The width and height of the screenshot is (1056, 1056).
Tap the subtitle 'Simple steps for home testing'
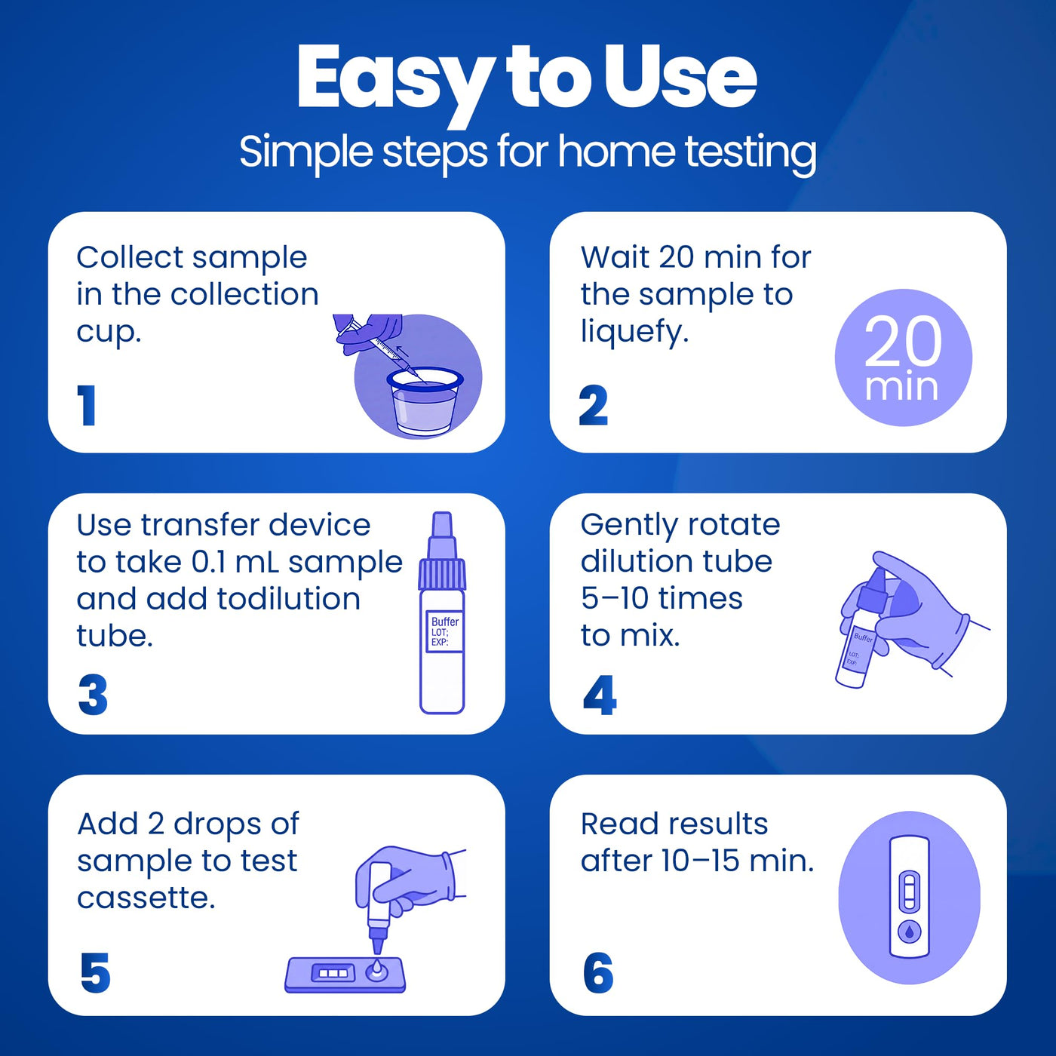(x=527, y=152)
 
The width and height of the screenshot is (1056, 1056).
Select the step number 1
(x=87, y=405)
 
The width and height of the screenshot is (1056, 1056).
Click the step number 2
(x=594, y=405)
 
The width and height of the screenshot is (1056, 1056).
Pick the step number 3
(x=93, y=694)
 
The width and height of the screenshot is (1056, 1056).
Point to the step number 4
(x=600, y=695)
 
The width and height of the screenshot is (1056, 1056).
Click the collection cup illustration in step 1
(x=425, y=402)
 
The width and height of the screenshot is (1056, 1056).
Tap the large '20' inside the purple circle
(x=903, y=341)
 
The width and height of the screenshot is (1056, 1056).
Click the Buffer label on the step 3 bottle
(x=444, y=632)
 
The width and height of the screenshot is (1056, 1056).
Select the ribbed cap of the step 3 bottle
(x=442, y=574)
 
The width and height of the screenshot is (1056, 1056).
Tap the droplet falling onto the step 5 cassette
(x=376, y=969)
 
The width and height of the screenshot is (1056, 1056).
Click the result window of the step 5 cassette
(x=333, y=973)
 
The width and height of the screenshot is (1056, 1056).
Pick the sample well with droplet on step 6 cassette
(x=910, y=931)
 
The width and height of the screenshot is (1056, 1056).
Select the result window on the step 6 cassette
(x=909, y=892)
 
